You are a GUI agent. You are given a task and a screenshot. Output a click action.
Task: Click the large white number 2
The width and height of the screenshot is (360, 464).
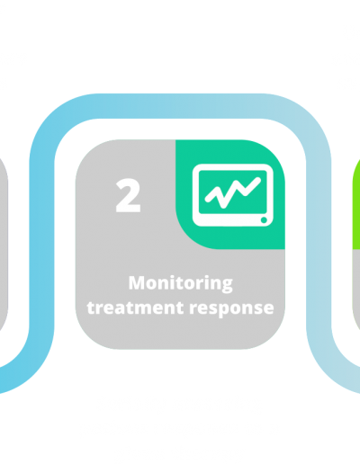[x=128, y=195]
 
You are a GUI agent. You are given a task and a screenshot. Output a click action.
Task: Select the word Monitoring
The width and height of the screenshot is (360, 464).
[x=181, y=283]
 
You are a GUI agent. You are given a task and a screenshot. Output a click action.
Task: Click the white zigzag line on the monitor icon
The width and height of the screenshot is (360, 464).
[x=232, y=192]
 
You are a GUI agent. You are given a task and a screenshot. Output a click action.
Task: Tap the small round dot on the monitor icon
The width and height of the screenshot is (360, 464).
[x=264, y=220]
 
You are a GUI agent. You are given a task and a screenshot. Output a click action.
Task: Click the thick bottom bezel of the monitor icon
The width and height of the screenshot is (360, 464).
[x=228, y=220]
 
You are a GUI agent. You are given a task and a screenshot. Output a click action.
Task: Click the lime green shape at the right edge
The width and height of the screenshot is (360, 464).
[x=356, y=204]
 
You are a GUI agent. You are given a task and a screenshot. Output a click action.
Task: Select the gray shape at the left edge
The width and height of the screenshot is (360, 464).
[x=4, y=245]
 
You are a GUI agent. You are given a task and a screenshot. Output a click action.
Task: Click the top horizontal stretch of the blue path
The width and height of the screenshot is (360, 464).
[x=180, y=106]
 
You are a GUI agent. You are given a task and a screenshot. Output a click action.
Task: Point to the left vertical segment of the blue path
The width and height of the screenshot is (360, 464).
[x=41, y=245]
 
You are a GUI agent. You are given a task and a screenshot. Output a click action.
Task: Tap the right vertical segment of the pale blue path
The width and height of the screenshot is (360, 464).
[x=319, y=245]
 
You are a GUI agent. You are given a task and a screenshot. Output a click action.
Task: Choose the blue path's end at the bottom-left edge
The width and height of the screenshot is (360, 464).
[x=1, y=380]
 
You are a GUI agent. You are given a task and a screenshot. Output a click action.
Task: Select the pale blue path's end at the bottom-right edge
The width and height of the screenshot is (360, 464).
[x=358, y=380]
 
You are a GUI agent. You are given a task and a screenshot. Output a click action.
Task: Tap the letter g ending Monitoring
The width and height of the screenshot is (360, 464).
[x=227, y=286]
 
